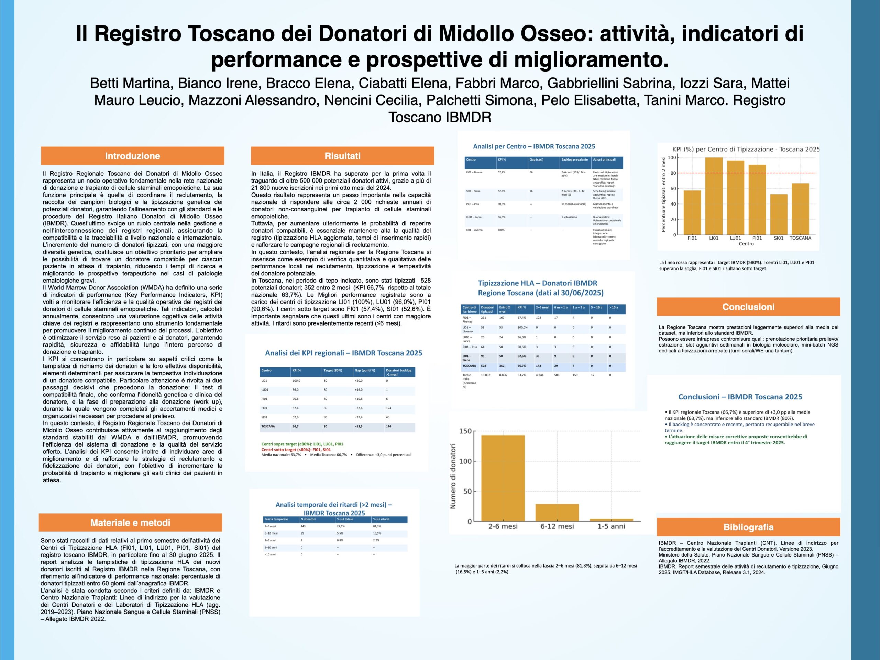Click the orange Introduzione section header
tap(132, 156)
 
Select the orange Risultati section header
tap(342, 156)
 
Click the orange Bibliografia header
tap(748, 527)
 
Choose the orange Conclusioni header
tap(748, 307)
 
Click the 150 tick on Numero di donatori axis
tap(465, 431)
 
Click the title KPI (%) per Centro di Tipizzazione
tap(746, 149)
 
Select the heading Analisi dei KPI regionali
tap(343, 353)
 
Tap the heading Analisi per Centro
tap(534, 146)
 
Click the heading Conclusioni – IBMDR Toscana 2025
tap(740, 397)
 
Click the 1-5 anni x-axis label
tap(611, 526)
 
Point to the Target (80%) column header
tap(333, 370)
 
